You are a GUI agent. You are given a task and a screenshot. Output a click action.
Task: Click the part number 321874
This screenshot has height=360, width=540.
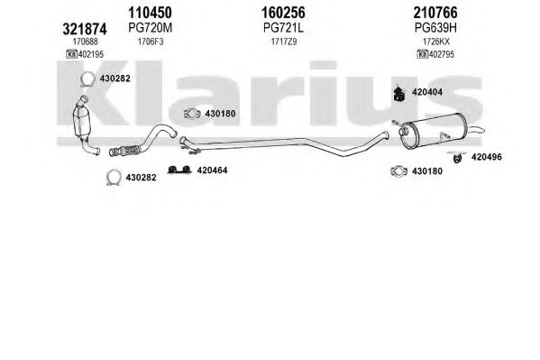85,29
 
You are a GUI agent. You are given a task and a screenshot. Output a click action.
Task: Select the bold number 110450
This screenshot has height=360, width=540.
150,13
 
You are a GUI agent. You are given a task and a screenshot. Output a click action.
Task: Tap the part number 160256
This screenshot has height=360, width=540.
283,13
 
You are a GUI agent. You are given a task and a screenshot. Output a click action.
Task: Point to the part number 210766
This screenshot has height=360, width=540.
435,13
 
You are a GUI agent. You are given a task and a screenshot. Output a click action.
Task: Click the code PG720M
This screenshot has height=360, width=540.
151,28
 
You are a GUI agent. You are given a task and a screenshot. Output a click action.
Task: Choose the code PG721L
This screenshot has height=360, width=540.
283,28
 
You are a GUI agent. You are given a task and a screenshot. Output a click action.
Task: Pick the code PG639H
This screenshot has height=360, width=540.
435,28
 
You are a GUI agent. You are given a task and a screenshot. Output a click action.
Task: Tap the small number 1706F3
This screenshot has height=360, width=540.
151,42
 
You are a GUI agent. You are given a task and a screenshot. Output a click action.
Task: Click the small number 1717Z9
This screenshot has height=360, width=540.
283,42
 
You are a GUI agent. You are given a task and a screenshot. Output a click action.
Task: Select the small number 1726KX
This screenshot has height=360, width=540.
436,42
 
